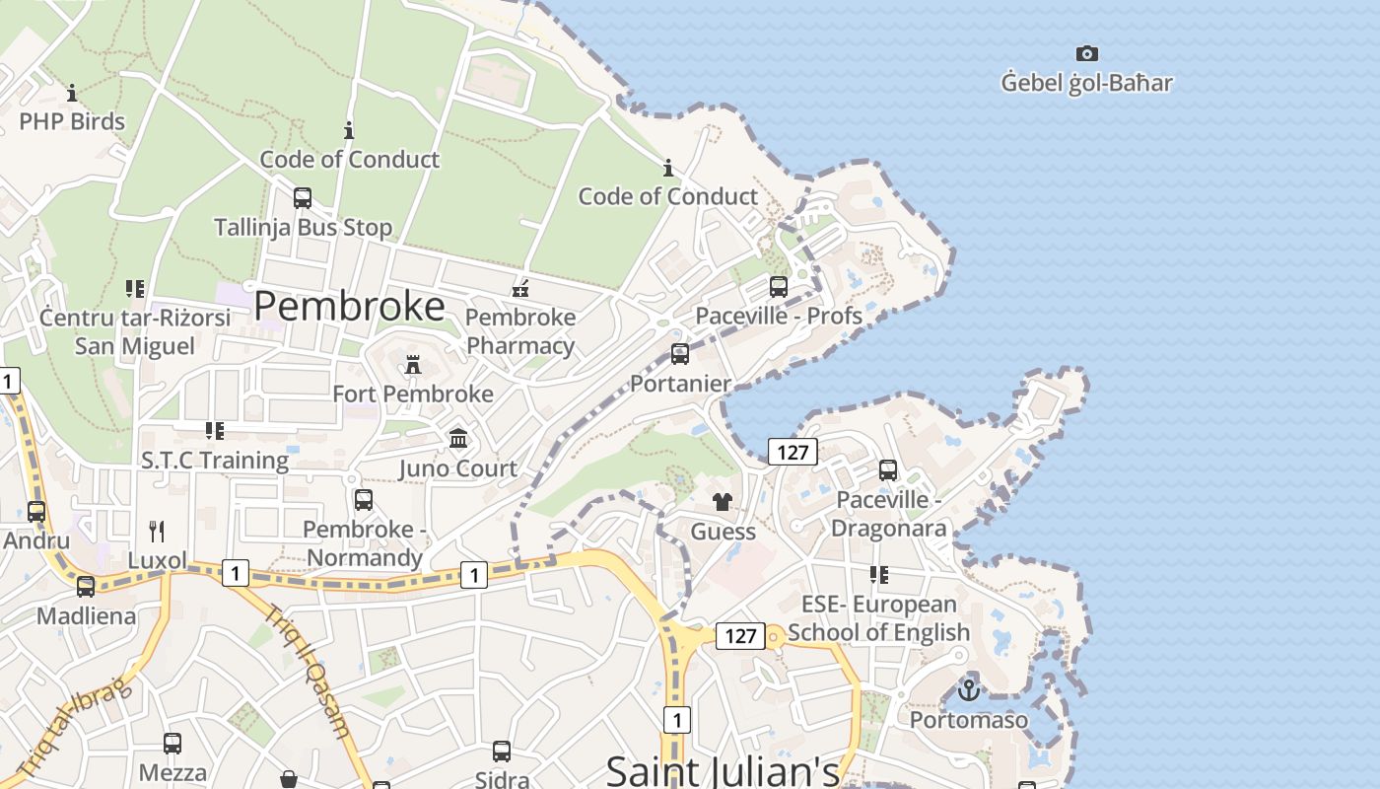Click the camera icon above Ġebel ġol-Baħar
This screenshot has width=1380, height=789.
(1086, 53)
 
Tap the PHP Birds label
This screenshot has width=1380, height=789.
(72, 121)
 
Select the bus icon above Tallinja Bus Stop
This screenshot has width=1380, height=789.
(303, 197)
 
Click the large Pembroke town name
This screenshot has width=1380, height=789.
(349, 307)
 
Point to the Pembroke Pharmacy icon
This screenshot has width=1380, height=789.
(521, 289)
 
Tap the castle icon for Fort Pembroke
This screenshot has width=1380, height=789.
(413, 365)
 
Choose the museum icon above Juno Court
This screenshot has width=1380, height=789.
(458, 439)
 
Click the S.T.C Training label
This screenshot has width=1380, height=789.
(215, 460)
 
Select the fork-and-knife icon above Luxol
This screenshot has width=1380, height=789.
(157, 532)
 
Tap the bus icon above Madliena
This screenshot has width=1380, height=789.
(86, 587)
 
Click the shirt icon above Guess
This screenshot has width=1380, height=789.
(723, 502)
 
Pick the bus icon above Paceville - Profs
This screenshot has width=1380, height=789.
(779, 287)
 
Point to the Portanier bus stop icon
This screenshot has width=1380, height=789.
(680, 354)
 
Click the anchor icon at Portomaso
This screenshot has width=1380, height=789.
(969, 690)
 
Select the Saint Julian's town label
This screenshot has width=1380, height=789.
(722, 769)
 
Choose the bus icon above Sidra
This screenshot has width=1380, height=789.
(502, 752)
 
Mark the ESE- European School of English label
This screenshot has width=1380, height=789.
(878, 617)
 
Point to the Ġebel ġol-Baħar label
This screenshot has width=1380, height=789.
(1086, 83)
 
